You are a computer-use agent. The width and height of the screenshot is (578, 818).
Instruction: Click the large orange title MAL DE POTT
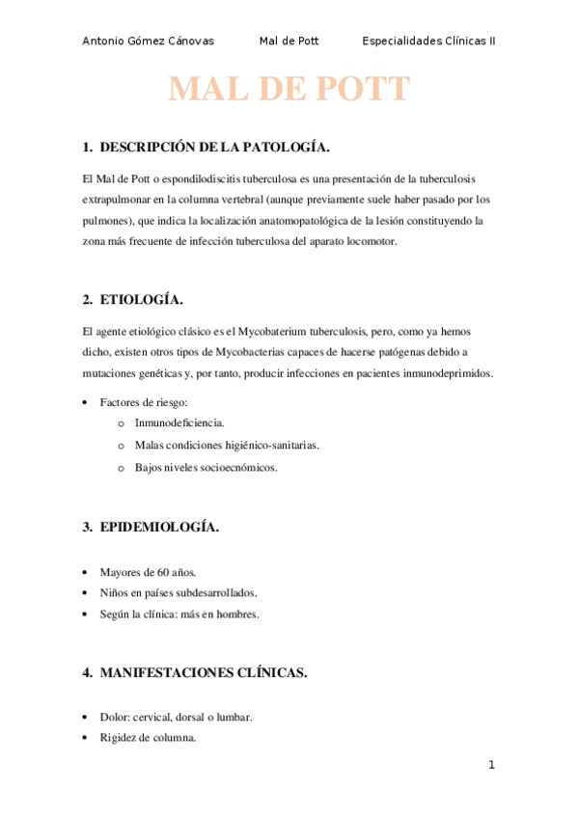click(x=289, y=90)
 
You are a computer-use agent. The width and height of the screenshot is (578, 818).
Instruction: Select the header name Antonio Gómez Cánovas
click(x=149, y=41)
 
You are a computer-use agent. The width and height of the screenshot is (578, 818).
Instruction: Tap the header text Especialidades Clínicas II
click(x=428, y=41)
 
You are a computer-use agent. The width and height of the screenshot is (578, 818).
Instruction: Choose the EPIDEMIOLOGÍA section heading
click(x=159, y=527)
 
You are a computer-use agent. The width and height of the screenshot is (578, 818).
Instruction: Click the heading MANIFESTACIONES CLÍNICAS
click(x=203, y=673)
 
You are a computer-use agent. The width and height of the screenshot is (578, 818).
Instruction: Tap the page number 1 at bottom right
click(x=491, y=766)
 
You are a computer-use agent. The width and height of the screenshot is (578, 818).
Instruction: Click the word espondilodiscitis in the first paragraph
click(x=195, y=179)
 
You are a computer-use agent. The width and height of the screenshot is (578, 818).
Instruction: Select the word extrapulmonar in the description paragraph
click(x=118, y=201)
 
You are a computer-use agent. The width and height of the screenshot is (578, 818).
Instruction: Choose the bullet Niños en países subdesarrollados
click(x=179, y=592)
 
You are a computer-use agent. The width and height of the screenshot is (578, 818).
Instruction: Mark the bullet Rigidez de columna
click(x=148, y=738)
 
